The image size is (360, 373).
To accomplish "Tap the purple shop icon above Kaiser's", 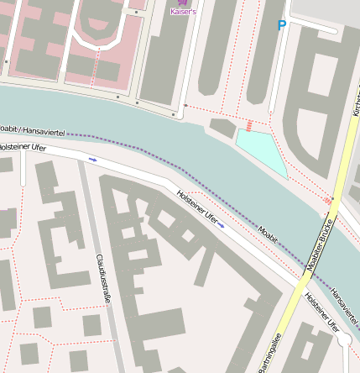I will [x=182, y=4].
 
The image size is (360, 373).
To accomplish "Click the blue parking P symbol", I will [x=281, y=26].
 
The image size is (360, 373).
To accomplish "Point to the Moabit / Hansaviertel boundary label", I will [x=32, y=130].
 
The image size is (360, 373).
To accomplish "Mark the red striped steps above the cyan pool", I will [x=250, y=125].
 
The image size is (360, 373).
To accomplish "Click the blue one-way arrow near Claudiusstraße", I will [x=92, y=158].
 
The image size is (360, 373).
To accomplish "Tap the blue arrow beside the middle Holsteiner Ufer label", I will [x=222, y=224].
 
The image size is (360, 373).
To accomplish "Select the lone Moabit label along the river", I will [x=268, y=233].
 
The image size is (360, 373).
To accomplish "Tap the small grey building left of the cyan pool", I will [x=223, y=129].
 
